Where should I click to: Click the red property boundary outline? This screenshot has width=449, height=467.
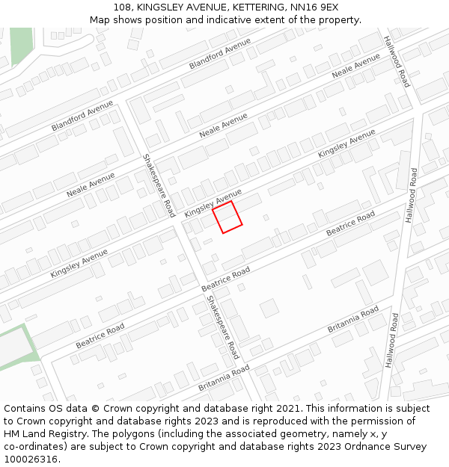(x=227, y=217)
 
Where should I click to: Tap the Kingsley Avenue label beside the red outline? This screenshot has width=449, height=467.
(x=213, y=202)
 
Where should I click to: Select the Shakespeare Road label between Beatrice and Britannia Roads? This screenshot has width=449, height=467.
(x=223, y=327)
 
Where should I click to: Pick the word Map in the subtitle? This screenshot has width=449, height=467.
(x=100, y=20)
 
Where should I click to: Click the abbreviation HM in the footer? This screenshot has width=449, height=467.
(x=12, y=434)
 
